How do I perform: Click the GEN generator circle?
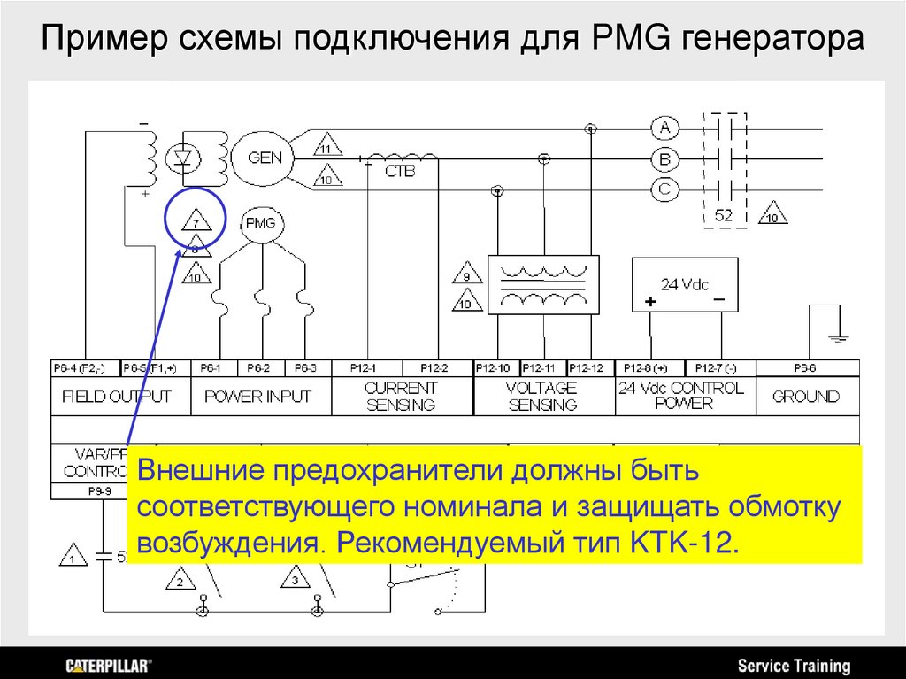pos(265,158)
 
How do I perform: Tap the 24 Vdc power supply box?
pos(685,285)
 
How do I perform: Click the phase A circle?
pos(665,128)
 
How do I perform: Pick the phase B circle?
pos(665,159)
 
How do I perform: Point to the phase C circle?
pos(665,189)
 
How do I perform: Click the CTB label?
pos(400,171)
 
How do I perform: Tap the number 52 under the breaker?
pos(724,215)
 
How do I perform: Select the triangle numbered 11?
pos(327,148)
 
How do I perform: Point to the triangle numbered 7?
pos(196,223)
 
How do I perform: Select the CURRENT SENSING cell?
pos(401,397)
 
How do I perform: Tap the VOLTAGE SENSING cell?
pos(542,397)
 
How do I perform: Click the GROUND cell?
pos(806,397)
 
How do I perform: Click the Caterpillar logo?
pos(109,665)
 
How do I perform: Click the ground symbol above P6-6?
pos(838,336)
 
